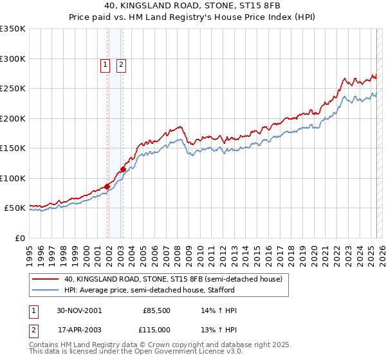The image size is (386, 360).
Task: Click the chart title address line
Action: [x=192, y=6]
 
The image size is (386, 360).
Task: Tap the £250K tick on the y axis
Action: [x=13, y=89]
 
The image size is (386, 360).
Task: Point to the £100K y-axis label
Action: [x=13, y=178]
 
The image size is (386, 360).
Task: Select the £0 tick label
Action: [x=19, y=238]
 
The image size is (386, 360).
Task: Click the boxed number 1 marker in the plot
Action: [x=104, y=64]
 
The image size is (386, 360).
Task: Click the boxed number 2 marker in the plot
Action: [x=120, y=64]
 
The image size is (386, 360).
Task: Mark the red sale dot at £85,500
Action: [x=107, y=186]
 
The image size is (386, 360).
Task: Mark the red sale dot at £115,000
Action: [x=123, y=170]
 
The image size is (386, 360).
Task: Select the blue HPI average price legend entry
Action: [x=167, y=291]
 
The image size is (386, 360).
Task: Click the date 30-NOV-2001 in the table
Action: [x=79, y=310]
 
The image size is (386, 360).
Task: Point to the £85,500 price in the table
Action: [x=156, y=310]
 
